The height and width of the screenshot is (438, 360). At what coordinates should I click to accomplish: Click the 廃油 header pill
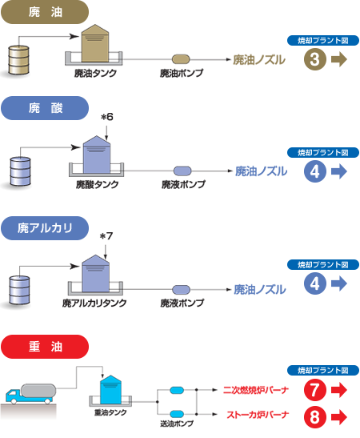[x=45, y=12]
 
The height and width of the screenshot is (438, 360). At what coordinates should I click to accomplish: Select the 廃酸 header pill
[x=45, y=108]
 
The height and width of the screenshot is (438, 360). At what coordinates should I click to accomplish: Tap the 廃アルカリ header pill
[x=45, y=228]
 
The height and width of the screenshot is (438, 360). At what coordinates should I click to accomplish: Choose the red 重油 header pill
[x=45, y=347]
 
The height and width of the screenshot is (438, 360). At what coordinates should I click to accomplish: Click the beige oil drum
[x=18, y=60]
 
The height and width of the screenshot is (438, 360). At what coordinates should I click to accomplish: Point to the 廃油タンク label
[x=95, y=73]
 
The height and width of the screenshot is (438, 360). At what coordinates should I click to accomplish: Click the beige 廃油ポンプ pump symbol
[x=181, y=59]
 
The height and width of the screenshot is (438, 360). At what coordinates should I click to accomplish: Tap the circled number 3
[x=314, y=59]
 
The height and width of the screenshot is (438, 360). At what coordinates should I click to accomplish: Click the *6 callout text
[x=107, y=117]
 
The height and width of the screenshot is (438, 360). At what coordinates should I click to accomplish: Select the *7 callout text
[x=106, y=236]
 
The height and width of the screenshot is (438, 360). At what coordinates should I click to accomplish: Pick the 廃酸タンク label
[x=97, y=185]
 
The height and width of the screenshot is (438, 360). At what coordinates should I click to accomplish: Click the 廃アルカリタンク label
[x=94, y=303]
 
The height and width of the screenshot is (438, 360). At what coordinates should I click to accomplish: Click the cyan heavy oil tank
[x=110, y=390]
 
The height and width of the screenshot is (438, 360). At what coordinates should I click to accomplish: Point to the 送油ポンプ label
[x=177, y=424]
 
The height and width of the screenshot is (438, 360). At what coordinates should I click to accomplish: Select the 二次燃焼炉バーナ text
[x=256, y=390]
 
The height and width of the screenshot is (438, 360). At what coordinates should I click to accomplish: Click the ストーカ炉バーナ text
[x=258, y=415]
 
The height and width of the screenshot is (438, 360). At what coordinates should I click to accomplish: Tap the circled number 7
[x=314, y=390]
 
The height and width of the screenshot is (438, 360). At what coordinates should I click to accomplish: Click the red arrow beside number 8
[x=339, y=416]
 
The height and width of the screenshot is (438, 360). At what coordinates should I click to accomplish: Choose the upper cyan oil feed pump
[x=177, y=390]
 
